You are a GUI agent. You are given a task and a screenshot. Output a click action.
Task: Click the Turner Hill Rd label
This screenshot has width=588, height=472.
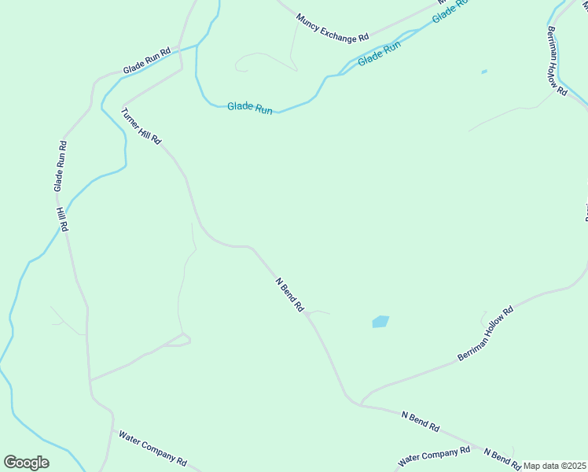141,126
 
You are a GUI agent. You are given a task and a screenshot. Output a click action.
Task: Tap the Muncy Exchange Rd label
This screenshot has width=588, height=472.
333,28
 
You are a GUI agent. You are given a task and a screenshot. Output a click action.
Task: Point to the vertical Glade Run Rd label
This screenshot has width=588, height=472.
61,166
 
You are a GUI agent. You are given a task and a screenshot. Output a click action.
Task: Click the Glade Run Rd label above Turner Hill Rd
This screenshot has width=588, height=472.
147,62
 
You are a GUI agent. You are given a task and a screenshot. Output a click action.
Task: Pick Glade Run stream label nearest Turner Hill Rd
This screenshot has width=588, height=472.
250,108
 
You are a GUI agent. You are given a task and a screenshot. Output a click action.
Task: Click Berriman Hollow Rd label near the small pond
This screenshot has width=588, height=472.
556,59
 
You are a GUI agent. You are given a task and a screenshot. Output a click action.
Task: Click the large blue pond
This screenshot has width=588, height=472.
380,322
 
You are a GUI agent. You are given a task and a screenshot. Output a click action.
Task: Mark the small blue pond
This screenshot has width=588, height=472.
484,72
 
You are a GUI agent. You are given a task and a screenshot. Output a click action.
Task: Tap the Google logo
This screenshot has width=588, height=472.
26,463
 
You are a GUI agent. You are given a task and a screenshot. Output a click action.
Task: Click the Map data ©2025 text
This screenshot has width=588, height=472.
555,466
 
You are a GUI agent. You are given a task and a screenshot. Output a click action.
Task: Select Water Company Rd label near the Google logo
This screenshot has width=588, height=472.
153,447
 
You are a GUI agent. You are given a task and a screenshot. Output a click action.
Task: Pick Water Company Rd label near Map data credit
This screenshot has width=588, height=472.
434,455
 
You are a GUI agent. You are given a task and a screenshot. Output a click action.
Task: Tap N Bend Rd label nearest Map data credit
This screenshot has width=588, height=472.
502,458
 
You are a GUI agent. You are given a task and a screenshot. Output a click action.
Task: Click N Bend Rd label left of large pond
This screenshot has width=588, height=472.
289,295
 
